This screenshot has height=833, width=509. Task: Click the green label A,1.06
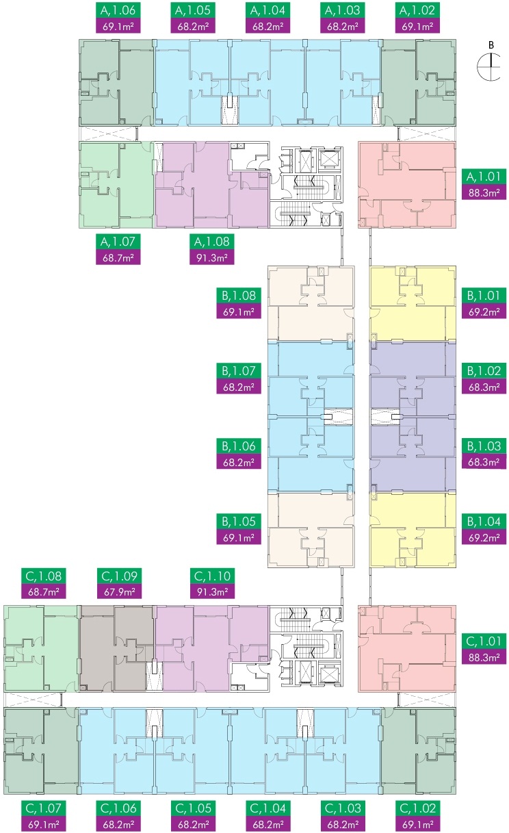click(x=116, y=11)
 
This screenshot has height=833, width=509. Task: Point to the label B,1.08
click(x=239, y=296)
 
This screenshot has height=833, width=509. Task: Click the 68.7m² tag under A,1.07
click(x=116, y=257)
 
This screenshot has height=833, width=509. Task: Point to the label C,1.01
click(x=483, y=642)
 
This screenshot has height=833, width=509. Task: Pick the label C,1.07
click(x=41, y=808)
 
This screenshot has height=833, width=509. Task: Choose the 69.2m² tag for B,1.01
click(x=483, y=311)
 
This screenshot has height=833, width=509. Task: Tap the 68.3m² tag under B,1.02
click(x=483, y=387)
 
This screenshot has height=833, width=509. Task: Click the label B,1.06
click(x=239, y=447)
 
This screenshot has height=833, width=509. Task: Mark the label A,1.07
click(x=116, y=242)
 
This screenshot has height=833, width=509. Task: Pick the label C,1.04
click(x=266, y=808)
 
